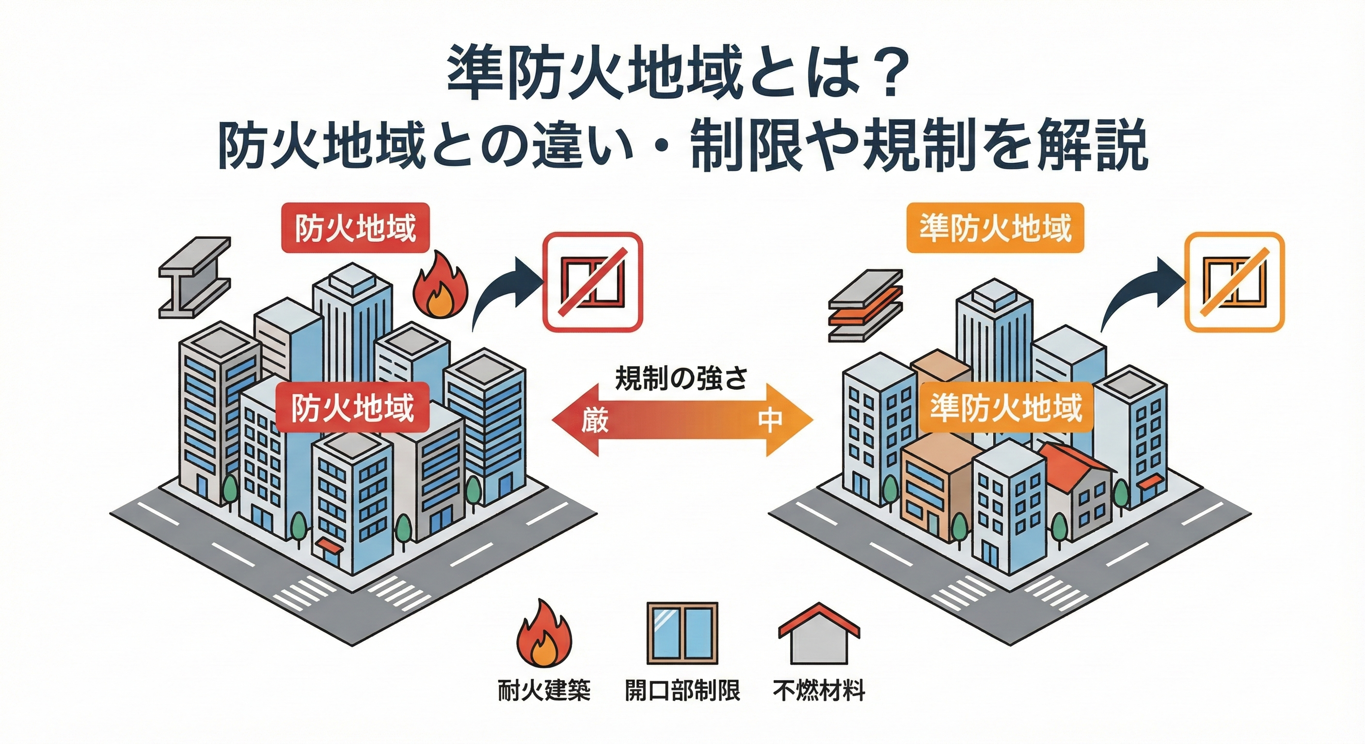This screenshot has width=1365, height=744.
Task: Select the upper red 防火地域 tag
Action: tap(354, 228)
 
